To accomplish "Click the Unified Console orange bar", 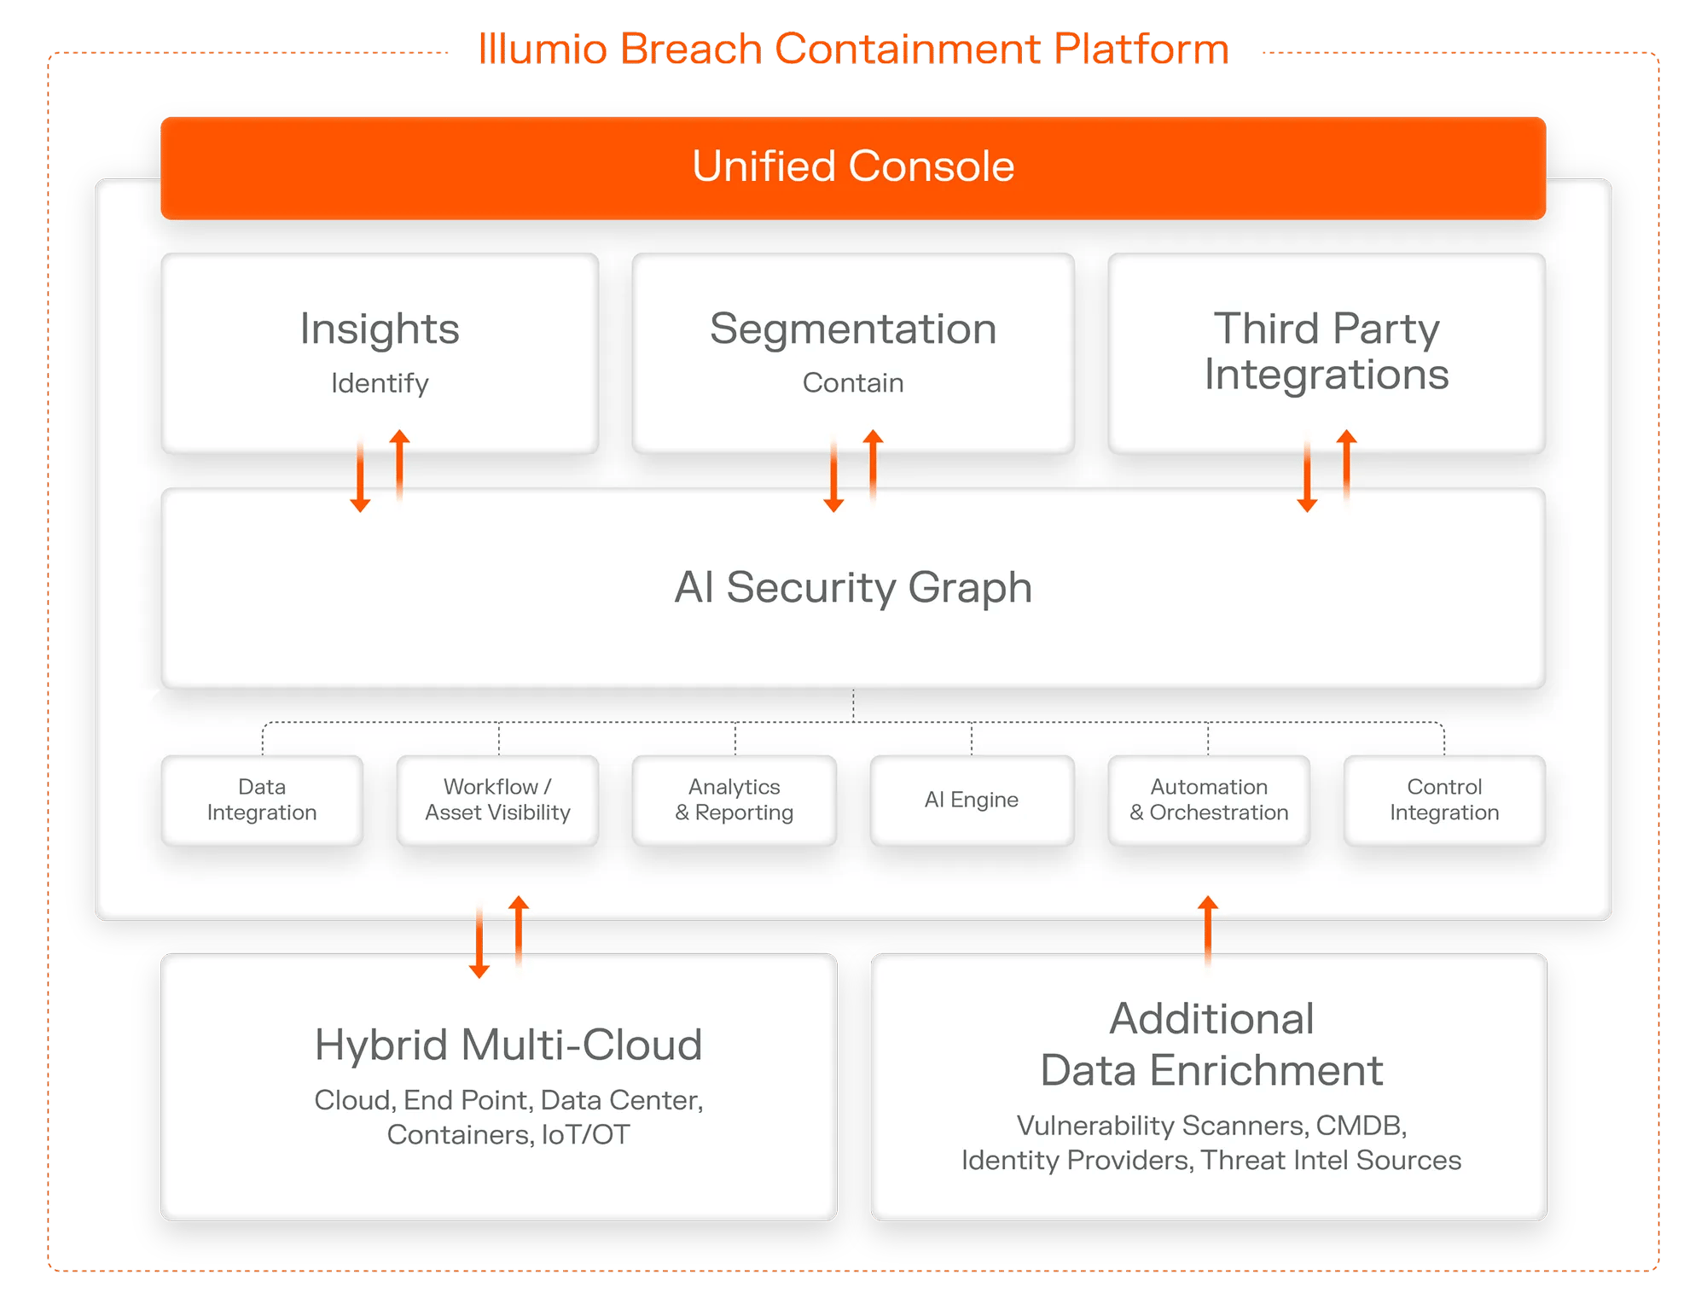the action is click(853, 168).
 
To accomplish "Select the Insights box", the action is click(380, 352).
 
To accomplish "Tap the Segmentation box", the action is click(853, 352).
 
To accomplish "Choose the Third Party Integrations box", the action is click(1327, 352).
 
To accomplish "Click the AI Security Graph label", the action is click(853, 587).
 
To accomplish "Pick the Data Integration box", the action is click(262, 800).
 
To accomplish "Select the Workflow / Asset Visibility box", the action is click(498, 800).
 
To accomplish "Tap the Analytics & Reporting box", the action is click(734, 800).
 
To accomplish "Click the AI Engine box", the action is click(972, 800).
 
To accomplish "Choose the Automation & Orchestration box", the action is click(1209, 800).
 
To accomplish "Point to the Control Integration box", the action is click(1444, 800).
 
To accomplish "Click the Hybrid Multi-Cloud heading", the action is click(508, 1045).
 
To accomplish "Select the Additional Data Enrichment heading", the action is click(1211, 1045).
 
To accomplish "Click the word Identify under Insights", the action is click(380, 383).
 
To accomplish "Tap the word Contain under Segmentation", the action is click(853, 382).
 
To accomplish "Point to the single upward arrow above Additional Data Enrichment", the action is click(1208, 930).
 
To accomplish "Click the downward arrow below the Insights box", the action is click(360, 476).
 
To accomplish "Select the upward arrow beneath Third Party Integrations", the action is click(1346, 465).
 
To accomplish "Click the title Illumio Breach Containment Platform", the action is click(853, 49).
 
